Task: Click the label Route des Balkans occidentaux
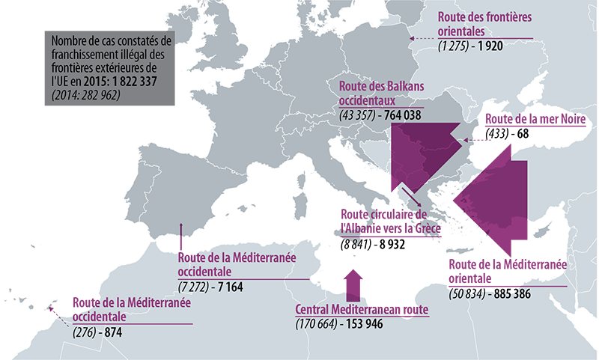(381, 93)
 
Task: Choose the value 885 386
(511, 293)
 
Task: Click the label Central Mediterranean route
(362, 310)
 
